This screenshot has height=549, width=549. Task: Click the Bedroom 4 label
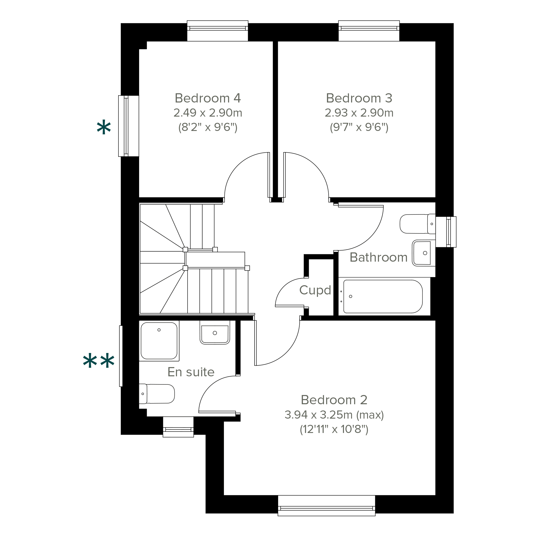(207, 98)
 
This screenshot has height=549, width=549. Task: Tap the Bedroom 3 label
(359, 98)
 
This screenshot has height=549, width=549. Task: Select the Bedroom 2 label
(334, 400)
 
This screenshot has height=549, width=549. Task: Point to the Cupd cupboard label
(315, 290)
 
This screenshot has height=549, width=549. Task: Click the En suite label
(191, 372)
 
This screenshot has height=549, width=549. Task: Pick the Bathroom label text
(378, 257)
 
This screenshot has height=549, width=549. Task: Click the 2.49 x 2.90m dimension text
(208, 113)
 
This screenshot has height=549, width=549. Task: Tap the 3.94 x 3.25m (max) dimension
(334, 415)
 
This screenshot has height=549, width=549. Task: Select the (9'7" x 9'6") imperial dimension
(359, 127)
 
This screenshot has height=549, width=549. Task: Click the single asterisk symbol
(104, 127)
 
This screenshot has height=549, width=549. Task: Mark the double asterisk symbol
(99, 361)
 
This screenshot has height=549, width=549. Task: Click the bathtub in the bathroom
(383, 296)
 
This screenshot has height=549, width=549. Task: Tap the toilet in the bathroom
(418, 224)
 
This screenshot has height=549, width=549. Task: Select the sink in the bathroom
(424, 253)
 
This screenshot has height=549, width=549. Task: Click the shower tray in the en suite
(159, 341)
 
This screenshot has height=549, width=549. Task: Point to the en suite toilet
(157, 394)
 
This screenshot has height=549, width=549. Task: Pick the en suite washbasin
(215, 332)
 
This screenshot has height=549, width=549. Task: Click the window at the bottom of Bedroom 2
(326, 506)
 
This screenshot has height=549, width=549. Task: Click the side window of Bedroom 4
(129, 126)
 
